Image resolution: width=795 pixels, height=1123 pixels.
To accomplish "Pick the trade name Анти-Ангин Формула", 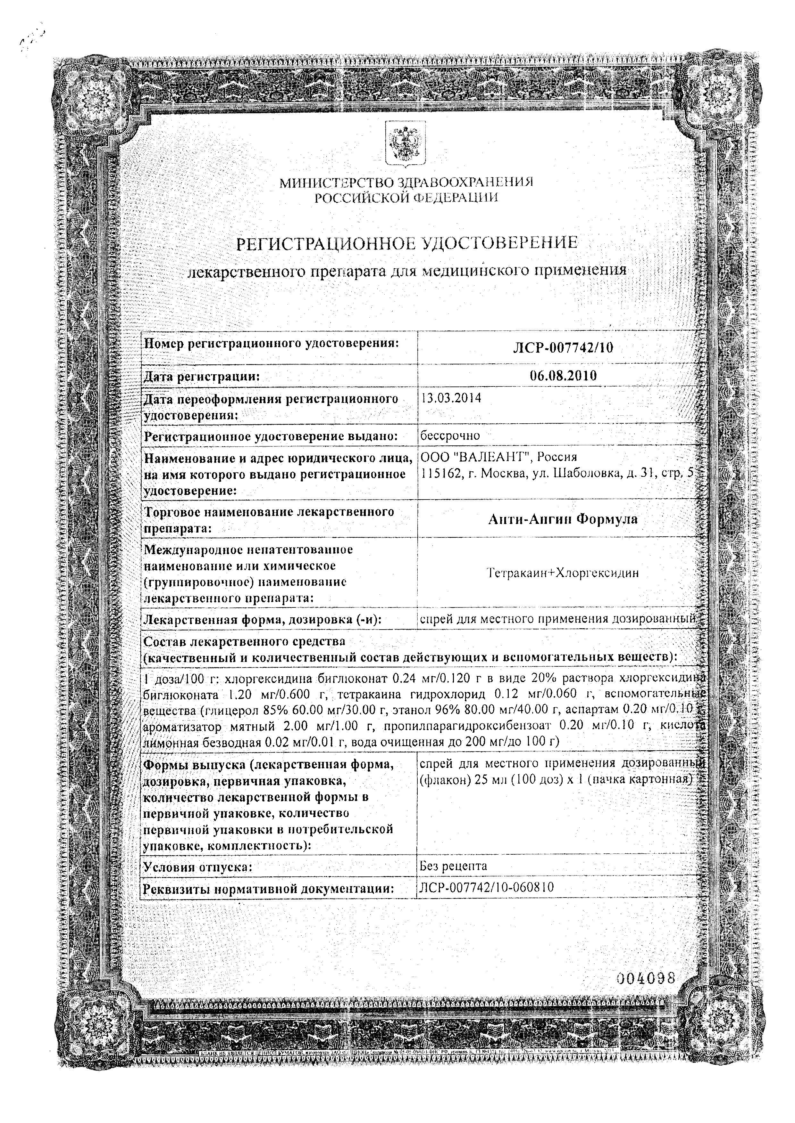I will pos(563,519).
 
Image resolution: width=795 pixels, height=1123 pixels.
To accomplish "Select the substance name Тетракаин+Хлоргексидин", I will pos(563,573).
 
